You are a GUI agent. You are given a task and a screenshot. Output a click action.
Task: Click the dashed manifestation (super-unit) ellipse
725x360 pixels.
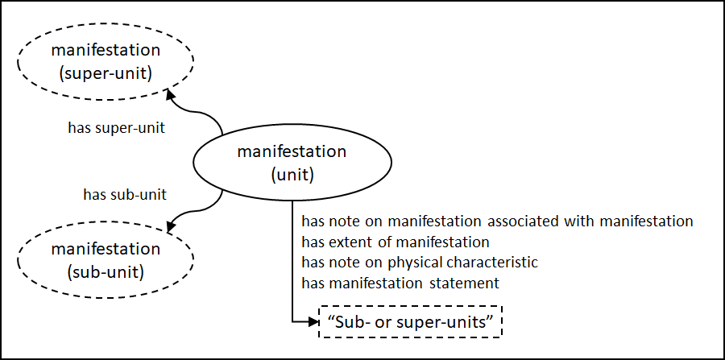[106, 62]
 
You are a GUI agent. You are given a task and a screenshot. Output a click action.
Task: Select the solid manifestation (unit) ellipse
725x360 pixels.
[292, 162]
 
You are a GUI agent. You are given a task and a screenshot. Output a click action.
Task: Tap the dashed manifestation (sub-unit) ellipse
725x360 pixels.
[106, 260]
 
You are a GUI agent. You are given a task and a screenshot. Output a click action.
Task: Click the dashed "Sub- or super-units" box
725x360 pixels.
[411, 322]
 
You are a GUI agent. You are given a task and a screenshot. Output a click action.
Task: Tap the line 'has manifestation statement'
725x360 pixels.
[400, 283]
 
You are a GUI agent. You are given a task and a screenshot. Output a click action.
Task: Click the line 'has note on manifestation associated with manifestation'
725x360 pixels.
[497, 220]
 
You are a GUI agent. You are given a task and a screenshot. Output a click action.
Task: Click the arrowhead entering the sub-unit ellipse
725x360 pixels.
[171, 228]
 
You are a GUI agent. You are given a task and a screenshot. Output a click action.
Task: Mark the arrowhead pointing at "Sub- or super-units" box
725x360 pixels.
[313, 322]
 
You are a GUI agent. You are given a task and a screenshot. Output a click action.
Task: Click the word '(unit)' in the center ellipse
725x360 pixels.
[292, 173]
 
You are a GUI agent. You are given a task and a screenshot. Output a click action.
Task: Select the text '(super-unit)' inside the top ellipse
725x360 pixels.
[106, 73]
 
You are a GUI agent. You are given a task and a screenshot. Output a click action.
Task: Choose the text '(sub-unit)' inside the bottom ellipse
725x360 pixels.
[106, 271]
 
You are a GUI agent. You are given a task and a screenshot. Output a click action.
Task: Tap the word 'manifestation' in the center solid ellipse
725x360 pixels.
[292, 151]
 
